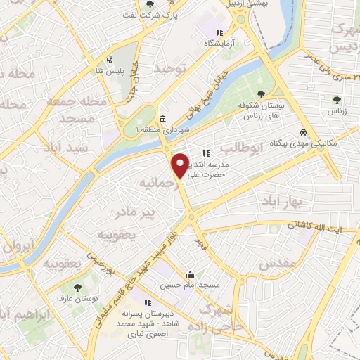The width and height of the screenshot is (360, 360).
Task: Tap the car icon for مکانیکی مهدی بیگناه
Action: point(302,131)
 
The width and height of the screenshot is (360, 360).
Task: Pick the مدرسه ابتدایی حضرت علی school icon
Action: point(205,153)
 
